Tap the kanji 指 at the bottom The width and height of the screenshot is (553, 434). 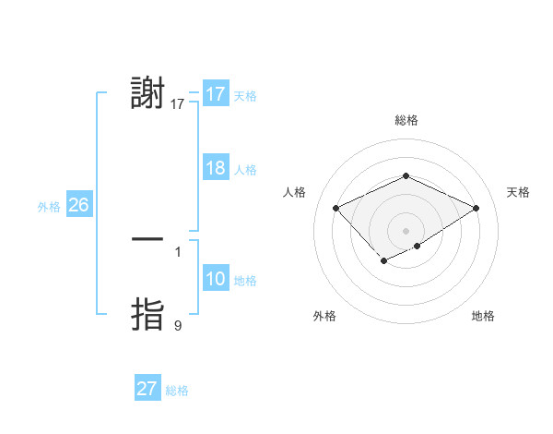click(x=148, y=314)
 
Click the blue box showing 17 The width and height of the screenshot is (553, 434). click(x=215, y=94)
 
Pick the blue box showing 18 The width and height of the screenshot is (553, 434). click(x=215, y=168)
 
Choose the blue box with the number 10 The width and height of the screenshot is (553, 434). click(x=215, y=279)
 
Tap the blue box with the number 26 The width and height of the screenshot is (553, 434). click(x=78, y=205)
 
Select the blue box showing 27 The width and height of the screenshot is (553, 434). click(x=147, y=389)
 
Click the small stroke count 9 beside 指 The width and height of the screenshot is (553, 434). click(x=178, y=325)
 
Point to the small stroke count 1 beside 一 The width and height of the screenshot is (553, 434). click(x=178, y=251)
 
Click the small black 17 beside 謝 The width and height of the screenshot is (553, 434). click(x=178, y=104)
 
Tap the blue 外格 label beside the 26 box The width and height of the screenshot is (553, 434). click(x=49, y=207)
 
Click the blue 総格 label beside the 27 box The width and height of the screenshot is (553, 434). click(x=177, y=391)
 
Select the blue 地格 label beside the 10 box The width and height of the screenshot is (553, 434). click(x=245, y=281)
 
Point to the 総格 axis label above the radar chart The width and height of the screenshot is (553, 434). click(x=406, y=120)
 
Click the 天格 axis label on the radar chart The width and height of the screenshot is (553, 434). click(x=518, y=192)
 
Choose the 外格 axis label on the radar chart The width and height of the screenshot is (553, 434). click(x=324, y=316)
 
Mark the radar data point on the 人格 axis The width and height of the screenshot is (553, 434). click(x=336, y=209)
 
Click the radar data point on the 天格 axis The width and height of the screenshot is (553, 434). click(x=477, y=209)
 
